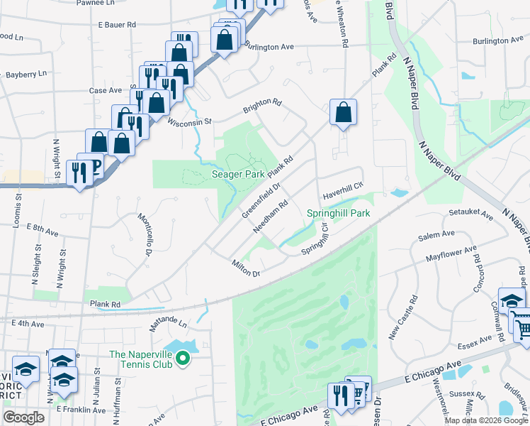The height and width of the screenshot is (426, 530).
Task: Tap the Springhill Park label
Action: [339, 213]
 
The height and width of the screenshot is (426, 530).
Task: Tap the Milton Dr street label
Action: [247, 269]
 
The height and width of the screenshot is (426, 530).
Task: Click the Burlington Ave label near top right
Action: [501, 40]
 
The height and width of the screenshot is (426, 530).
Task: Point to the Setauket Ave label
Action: [466, 212]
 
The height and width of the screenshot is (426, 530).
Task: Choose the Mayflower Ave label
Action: [451, 252]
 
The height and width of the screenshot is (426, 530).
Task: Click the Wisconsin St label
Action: [189, 121]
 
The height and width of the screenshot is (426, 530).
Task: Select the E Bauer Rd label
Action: [117, 24]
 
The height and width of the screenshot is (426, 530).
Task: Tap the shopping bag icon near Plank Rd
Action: [343, 112]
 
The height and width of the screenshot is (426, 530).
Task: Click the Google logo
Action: [24, 418]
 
